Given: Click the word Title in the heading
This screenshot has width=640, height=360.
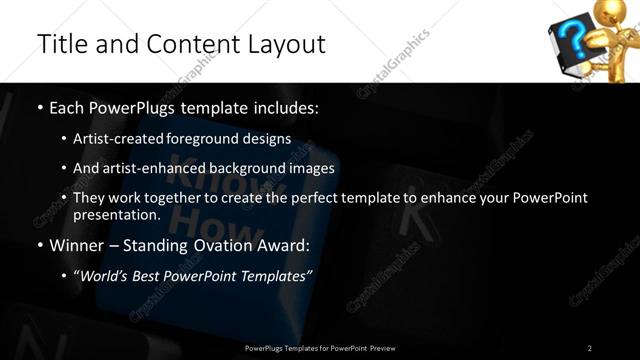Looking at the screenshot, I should [x=59, y=44].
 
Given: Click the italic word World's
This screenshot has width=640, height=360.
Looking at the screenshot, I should [x=105, y=275].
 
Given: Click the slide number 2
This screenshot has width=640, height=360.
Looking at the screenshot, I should [x=590, y=347].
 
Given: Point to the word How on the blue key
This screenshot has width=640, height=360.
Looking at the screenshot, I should [x=200, y=216].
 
